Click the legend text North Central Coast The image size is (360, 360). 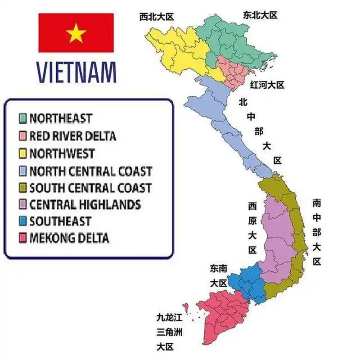click(x=90, y=171)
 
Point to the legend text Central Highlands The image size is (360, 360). click(x=85, y=205)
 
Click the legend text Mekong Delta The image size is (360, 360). click(x=69, y=238)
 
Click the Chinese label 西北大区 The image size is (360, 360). click(x=156, y=17)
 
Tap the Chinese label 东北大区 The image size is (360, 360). click(x=260, y=15)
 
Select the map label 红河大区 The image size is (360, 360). click(x=267, y=85)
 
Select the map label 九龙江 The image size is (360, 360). click(x=169, y=318)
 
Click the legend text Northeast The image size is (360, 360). click(x=61, y=118)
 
